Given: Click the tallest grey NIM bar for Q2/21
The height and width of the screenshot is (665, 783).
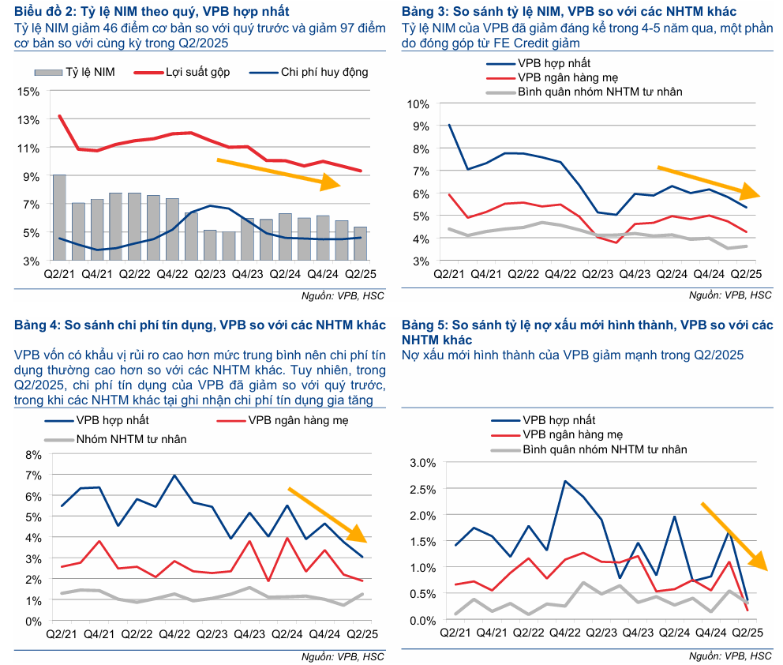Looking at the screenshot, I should (x=59, y=217).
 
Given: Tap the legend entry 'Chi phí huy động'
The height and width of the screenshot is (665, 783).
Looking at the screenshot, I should (x=324, y=72).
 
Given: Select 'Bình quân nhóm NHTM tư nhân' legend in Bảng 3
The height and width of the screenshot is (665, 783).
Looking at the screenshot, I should (x=599, y=92).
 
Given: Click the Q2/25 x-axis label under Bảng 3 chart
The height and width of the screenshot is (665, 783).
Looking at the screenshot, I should (x=744, y=273).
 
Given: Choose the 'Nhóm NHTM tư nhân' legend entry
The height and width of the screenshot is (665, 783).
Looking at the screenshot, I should (x=131, y=438).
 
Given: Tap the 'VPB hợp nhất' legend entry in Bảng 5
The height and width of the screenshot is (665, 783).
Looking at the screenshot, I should (x=559, y=420).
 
